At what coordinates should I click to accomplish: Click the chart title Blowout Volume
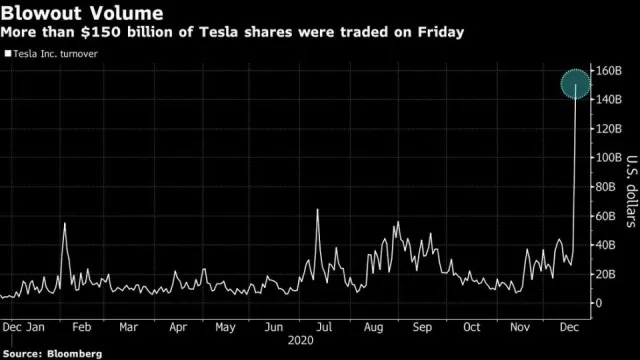pyautogui.click(x=82, y=13)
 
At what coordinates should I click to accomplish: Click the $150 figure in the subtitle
pyautogui.click(x=101, y=32)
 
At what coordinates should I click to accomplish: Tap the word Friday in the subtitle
pyautogui.click(x=441, y=32)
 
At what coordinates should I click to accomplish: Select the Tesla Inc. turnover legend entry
pyautogui.click(x=51, y=54)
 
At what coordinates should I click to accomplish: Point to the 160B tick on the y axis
pyautogui.click(x=609, y=71)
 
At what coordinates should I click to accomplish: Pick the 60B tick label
pyautogui.click(x=606, y=216)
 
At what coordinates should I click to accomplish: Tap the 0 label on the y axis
pyautogui.click(x=599, y=303)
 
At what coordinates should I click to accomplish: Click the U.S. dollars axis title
pyautogui.click(x=631, y=191)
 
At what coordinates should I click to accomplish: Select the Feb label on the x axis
pyautogui.click(x=82, y=327)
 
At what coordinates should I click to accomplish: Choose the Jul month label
pyautogui.click(x=324, y=327)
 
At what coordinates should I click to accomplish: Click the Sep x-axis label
pyautogui.click(x=422, y=327)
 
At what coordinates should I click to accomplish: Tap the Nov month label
pyautogui.click(x=520, y=327)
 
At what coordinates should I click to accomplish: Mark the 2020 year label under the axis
pyautogui.click(x=301, y=340)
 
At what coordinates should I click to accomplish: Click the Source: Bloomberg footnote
pyautogui.click(x=52, y=353)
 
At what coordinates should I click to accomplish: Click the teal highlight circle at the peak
pyautogui.click(x=576, y=84)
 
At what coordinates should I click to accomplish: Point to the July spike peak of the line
pyautogui.click(x=317, y=209)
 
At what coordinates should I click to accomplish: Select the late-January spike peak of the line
pyautogui.click(x=64, y=223)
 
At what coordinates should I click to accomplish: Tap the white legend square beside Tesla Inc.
pyautogui.click(x=8, y=53)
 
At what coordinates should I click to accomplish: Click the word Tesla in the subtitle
pyautogui.click(x=219, y=32)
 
